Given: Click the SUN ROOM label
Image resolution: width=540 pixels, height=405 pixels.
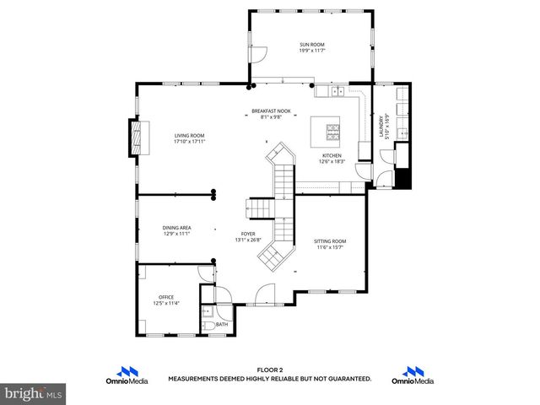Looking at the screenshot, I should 311,45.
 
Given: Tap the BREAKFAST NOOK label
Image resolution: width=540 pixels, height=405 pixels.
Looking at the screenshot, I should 271,111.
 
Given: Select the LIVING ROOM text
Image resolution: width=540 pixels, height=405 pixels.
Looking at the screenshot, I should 190,136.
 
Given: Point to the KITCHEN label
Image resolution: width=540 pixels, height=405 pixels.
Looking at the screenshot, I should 332,157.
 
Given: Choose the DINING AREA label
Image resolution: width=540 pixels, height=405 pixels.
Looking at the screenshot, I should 176,228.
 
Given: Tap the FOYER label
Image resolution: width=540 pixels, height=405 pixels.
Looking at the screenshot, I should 247,235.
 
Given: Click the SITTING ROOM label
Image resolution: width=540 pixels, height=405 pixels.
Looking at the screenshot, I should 330,241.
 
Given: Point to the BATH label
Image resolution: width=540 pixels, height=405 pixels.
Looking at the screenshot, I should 222,324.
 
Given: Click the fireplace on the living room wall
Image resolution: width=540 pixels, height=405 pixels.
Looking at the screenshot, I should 133,137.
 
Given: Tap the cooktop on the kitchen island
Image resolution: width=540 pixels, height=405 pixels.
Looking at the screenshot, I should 333,130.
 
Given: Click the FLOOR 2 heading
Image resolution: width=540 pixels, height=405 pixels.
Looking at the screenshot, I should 269,370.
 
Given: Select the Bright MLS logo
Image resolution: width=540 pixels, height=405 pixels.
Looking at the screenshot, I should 33,393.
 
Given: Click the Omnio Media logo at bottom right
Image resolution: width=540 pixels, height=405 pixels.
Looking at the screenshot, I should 413,375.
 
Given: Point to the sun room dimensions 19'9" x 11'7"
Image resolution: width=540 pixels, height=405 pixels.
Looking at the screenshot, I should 311,51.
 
